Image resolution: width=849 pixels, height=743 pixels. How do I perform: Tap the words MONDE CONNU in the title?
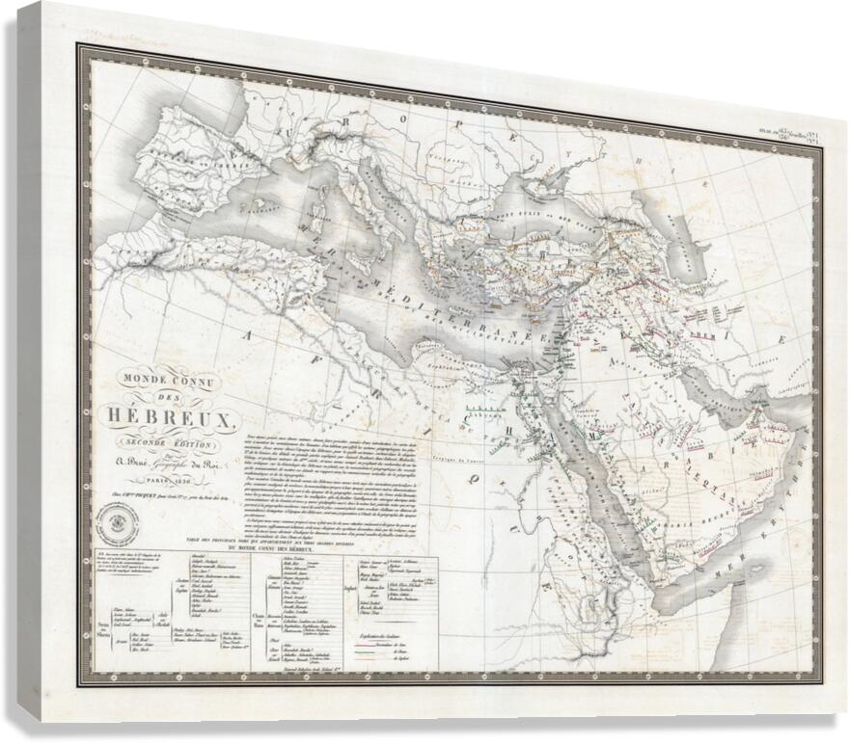coord(171,382)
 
